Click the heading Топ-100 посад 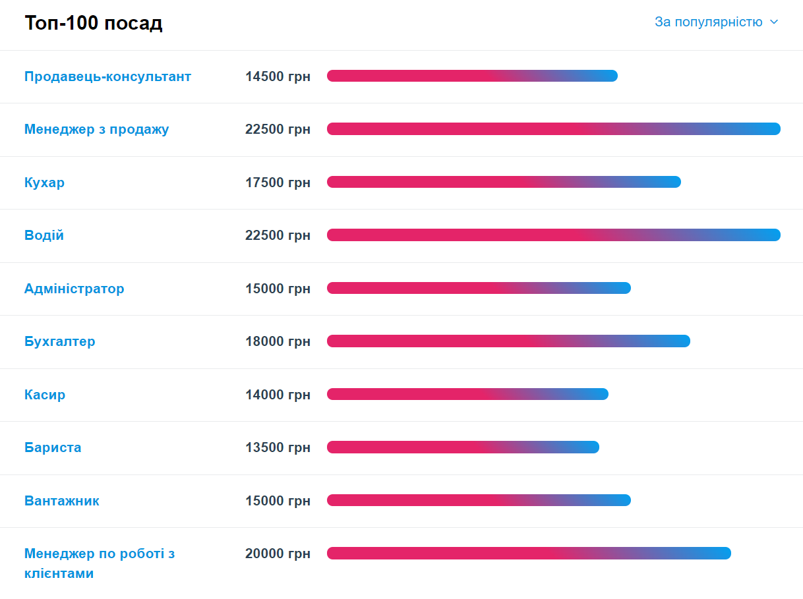pyautogui.click(x=94, y=23)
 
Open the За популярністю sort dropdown pyautogui.click(x=716, y=22)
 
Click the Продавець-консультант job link pyautogui.click(x=107, y=76)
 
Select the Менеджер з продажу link pyautogui.click(x=96, y=129)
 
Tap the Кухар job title pyautogui.click(x=44, y=183)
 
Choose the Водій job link pyautogui.click(x=44, y=235)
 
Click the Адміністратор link pyautogui.click(x=74, y=289)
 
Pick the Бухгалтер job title pyautogui.click(x=59, y=341)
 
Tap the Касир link pyautogui.click(x=45, y=395)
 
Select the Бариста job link pyautogui.click(x=53, y=447)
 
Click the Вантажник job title pyautogui.click(x=62, y=501)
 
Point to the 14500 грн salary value pyautogui.click(x=278, y=76)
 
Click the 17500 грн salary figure pyautogui.click(x=278, y=183)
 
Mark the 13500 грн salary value pyautogui.click(x=278, y=447)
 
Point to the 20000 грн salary pyautogui.click(x=278, y=554)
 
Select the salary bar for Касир pyautogui.click(x=467, y=394)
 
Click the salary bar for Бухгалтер pyautogui.click(x=508, y=341)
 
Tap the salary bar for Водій pyautogui.click(x=553, y=235)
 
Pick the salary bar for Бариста pyautogui.click(x=463, y=447)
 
